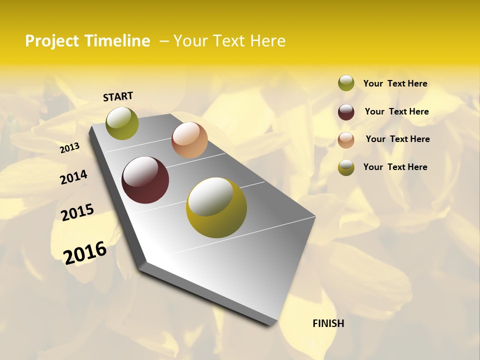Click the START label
[x=118, y=96]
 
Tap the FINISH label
[x=328, y=323]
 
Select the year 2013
[x=69, y=148]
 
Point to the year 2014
[x=73, y=177]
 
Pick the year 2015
[x=77, y=212]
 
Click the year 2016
[x=85, y=253]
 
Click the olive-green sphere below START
[x=122, y=123]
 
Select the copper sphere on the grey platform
[x=189, y=140]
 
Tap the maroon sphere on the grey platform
[x=145, y=180]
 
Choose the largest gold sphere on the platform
[x=216, y=207]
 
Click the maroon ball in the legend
[x=346, y=112]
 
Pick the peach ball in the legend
[x=346, y=140]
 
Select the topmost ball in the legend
[x=346, y=83]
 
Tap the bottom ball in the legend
[x=346, y=167]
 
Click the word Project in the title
[x=52, y=41]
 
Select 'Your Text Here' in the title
[x=229, y=41]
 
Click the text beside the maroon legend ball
[x=396, y=111]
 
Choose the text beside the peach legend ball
[x=397, y=139]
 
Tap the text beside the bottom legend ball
[x=395, y=167]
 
